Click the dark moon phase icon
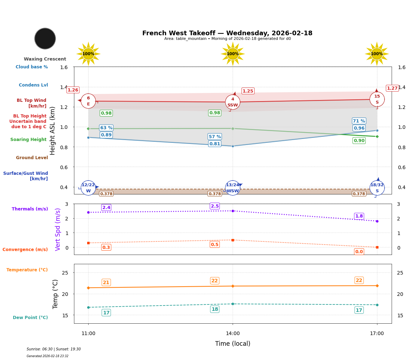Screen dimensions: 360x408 (45, 38)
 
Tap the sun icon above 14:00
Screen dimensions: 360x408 (233, 54)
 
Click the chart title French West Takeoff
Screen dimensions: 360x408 (227, 33)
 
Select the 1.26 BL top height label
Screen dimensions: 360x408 (73, 90)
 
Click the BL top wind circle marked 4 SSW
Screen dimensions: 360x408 (233, 102)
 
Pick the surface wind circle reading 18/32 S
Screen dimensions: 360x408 (377, 188)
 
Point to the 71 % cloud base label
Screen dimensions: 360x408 (359, 121)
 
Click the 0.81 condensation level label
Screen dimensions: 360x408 (215, 144)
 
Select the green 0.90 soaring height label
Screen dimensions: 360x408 (359, 141)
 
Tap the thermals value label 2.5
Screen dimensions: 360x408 (215, 206)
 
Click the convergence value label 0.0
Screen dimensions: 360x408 (359, 252)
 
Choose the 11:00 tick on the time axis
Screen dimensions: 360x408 (88, 334)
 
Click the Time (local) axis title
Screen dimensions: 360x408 (233, 344)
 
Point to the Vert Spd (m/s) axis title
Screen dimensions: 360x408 (58, 229)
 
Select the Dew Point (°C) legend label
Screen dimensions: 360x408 (30, 318)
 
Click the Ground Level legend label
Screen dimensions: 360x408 (32, 158)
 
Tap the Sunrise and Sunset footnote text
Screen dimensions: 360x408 (54, 349)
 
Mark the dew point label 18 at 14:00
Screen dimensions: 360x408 (215, 309)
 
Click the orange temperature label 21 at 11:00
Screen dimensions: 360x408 (106, 282)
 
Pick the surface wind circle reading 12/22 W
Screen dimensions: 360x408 (88, 188)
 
